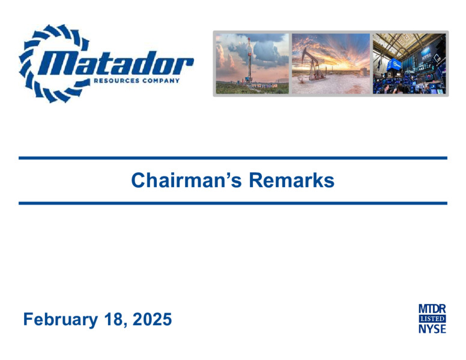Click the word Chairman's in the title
point(186,180)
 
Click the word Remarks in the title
point(291,180)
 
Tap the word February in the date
point(61,320)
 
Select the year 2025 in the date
point(152,319)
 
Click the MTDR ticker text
point(432,309)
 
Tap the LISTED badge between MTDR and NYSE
point(432,319)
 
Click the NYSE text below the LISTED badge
point(432,329)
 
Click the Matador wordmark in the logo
point(116,63)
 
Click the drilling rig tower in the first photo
point(249,61)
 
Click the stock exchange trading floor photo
point(409,64)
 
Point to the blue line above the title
point(233,158)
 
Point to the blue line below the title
point(233,203)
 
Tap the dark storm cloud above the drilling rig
point(267,50)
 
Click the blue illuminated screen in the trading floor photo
point(394,64)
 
